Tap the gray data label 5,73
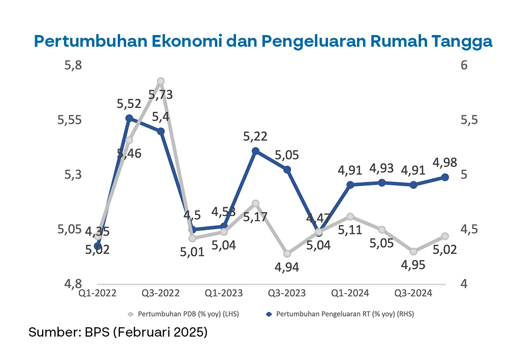point(160,95)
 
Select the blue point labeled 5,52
point(129,118)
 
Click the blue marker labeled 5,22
point(256,151)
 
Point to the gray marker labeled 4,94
point(287,253)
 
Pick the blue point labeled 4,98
point(445,177)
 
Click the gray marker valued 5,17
point(256,203)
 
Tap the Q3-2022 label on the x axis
point(161,293)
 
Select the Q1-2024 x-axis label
point(350,293)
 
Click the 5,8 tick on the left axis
point(73,65)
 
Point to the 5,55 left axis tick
point(70,120)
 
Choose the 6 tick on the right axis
point(464,65)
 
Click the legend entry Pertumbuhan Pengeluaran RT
point(344,314)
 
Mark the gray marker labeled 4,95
point(414,252)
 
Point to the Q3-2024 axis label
point(414,293)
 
